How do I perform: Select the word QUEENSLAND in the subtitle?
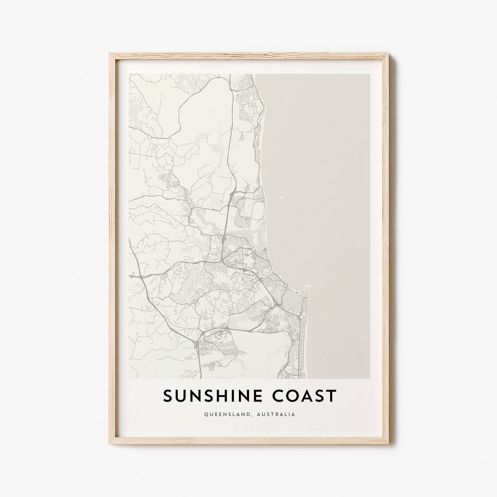point(226,415)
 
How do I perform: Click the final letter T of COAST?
point(332,396)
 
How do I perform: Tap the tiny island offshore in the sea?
point(282,199)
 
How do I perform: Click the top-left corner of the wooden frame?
point(110,54)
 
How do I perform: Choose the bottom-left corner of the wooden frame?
point(110,443)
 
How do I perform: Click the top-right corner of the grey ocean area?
point(370,74)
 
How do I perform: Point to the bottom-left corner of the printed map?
point(129,378)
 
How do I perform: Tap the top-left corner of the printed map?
point(129,74)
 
